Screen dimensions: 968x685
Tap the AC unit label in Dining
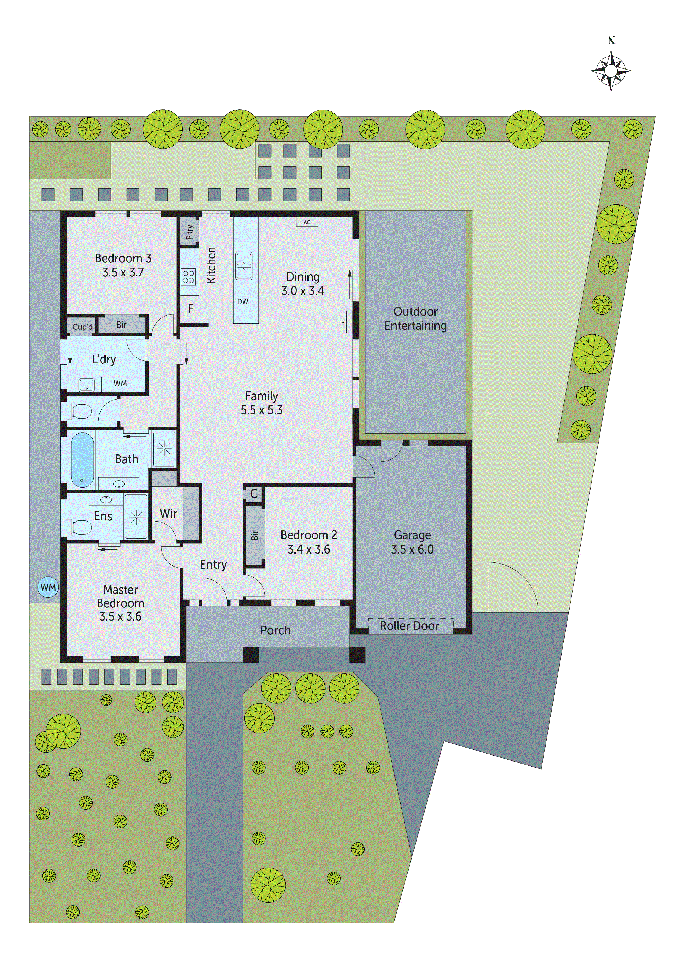(307, 222)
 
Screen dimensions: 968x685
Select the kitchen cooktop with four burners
(188, 277)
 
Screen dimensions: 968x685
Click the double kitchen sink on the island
(244, 266)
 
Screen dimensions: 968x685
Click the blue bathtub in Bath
(82, 459)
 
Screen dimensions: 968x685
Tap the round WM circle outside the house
(48, 587)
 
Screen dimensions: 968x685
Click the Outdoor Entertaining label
(415, 318)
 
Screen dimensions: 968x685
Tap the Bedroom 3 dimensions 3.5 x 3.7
(123, 272)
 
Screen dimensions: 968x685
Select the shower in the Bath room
(164, 449)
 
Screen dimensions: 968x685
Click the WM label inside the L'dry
(120, 383)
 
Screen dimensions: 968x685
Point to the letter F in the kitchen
(191, 309)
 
